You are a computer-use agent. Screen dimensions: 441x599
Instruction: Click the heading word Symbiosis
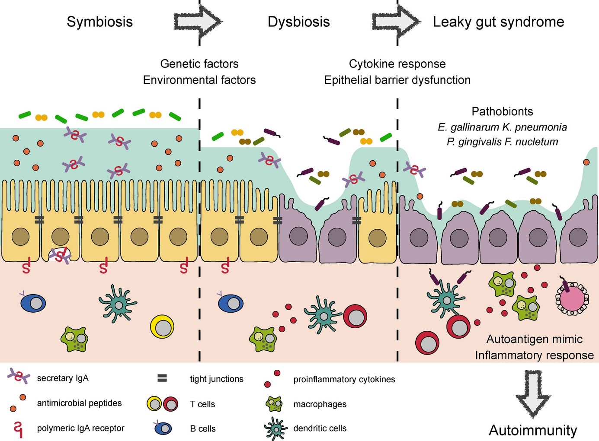tap(99, 22)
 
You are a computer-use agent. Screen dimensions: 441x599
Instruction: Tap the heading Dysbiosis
tap(298, 22)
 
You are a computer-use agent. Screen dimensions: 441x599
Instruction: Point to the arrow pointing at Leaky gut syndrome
tap(395, 21)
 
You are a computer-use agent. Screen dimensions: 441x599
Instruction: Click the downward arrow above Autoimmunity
tap(532, 393)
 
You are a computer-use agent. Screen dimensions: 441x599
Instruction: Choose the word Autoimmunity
tap(532, 430)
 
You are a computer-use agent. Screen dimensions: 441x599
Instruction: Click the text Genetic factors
tap(199, 64)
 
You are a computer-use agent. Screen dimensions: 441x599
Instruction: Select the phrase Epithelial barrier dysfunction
tap(397, 80)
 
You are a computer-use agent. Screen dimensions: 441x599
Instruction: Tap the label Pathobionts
tap(502, 111)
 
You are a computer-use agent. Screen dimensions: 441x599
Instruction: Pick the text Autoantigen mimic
tap(534, 339)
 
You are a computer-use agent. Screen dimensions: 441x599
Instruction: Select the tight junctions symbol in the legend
tap(162, 379)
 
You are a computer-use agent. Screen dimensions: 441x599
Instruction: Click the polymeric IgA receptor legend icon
tap(18, 429)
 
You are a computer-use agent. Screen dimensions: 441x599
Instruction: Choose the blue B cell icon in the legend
tap(163, 428)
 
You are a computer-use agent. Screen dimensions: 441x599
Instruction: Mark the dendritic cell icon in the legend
tap(275, 428)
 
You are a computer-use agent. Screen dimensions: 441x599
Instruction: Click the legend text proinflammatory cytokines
tap(344, 379)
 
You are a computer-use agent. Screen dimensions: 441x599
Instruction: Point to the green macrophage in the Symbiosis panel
tap(74, 339)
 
